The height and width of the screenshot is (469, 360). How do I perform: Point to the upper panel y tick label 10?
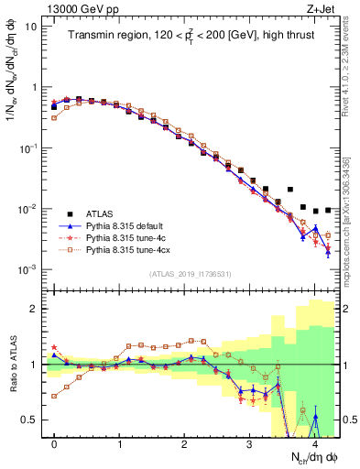(29, 27)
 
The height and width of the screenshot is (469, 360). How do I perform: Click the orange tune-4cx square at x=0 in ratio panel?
(54, 396)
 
